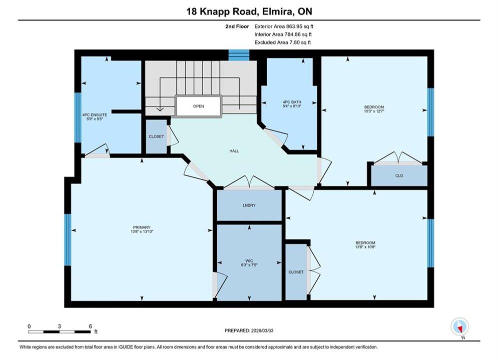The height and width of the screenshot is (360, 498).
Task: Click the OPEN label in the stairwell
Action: [199, 106]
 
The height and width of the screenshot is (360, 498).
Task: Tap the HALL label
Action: [234, 151]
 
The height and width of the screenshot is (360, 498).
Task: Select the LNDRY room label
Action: [249, 205]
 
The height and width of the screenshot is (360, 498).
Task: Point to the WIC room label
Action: [249, 260]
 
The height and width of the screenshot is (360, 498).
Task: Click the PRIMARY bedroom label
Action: [142, 227]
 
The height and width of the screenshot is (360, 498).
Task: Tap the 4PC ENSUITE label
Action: [95, 115]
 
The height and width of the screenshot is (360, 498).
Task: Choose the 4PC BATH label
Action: [292, 102]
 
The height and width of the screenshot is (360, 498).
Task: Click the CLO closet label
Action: [399, 175]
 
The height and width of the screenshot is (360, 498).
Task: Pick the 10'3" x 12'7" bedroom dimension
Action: [374, 111]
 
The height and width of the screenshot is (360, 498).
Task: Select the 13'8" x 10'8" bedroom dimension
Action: [365, 247]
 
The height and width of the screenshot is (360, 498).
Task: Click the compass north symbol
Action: [459, 326]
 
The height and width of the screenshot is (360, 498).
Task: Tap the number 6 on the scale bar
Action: [91, 326]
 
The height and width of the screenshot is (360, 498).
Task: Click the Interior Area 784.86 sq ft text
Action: [283, 34]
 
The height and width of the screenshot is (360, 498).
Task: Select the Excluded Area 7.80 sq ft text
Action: [283, 42]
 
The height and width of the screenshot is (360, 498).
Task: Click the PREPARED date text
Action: [249, 330]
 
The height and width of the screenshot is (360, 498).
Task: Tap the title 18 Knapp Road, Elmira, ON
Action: [249, 11]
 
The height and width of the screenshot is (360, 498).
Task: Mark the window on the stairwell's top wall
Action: [239, 55]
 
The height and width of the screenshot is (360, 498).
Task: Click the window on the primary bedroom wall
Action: [68, 240]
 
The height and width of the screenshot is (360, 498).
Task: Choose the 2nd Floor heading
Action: [237, 26]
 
